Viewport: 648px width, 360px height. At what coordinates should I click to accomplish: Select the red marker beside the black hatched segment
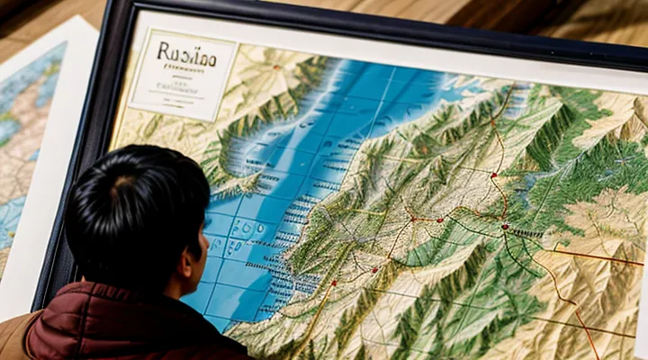(505, 227)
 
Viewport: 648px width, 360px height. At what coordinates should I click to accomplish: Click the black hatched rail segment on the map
(526, 232)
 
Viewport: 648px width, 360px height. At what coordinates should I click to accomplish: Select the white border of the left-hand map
(18, 288)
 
